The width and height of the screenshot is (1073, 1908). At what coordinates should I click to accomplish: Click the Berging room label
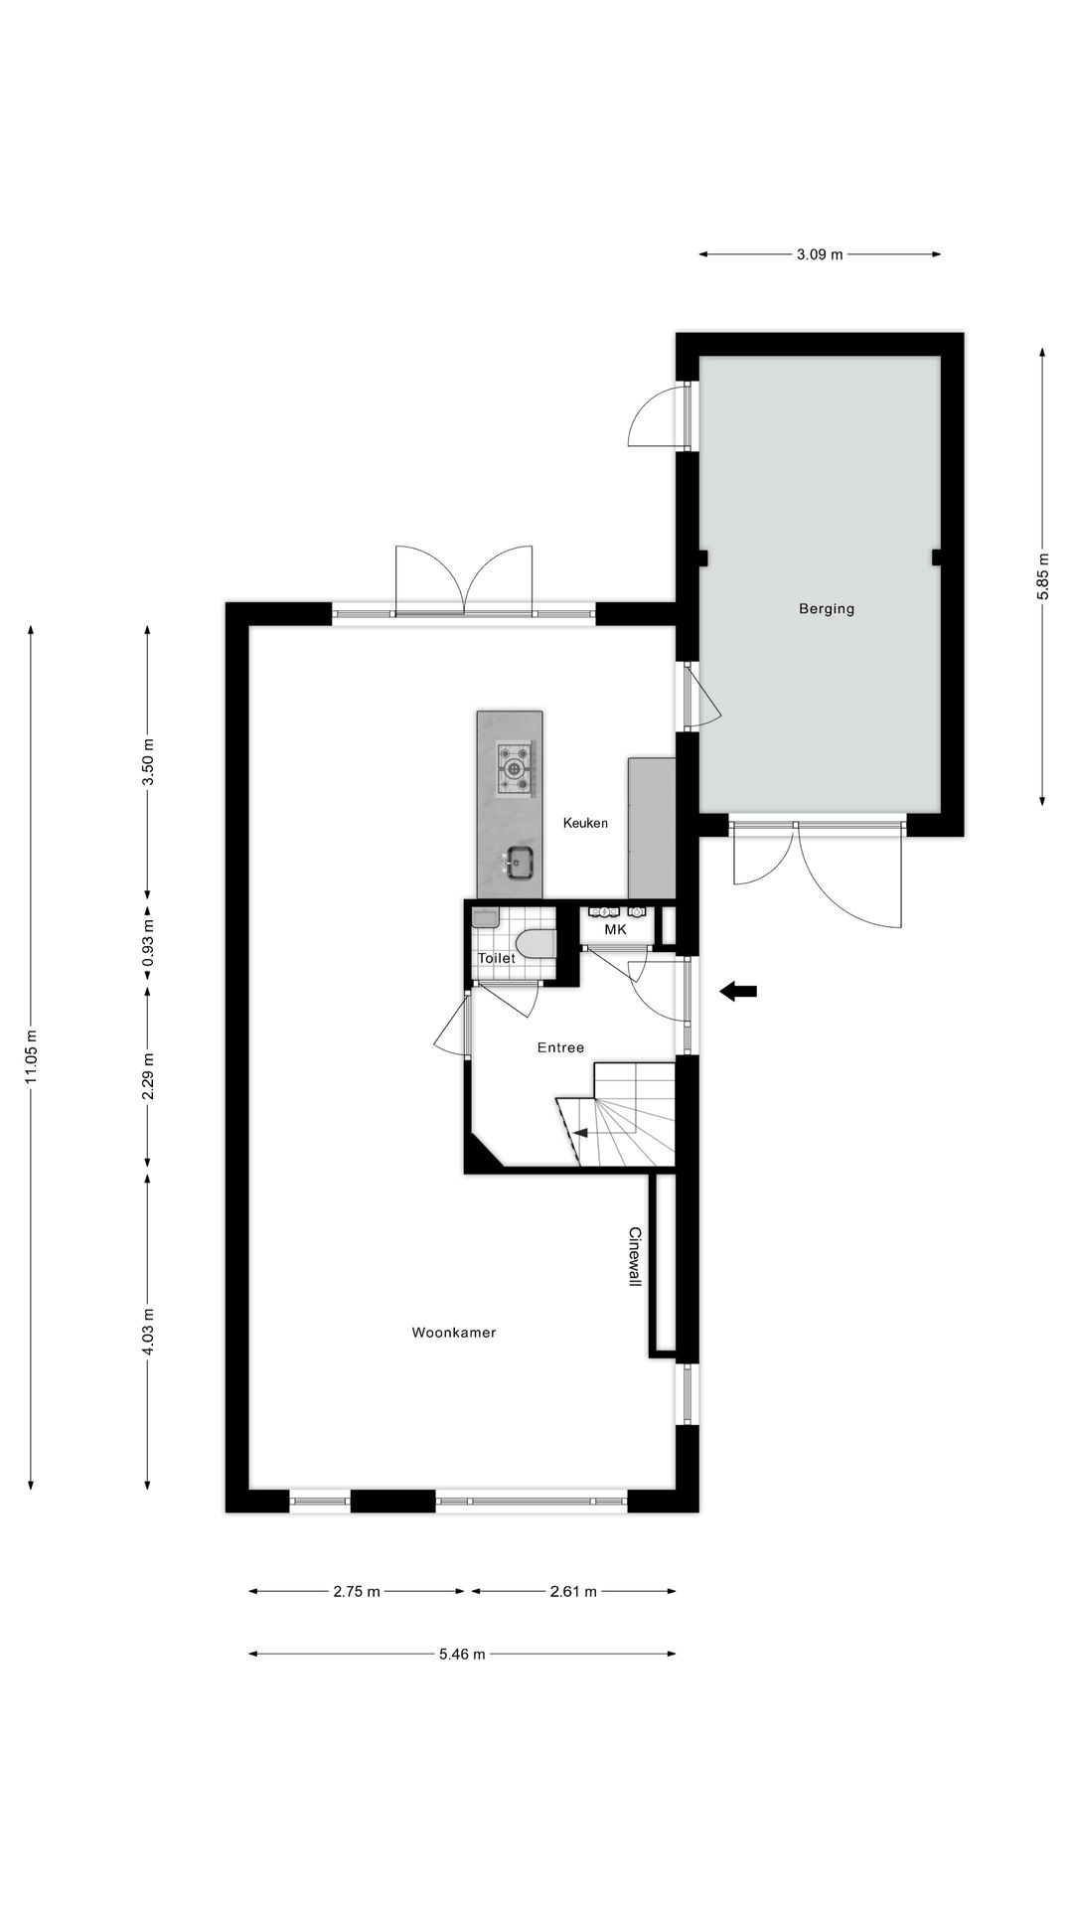click(827, 609)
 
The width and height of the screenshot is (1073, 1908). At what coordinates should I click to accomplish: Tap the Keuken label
click(585, 823)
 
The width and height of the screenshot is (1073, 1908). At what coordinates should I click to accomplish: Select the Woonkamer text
click(454, 1333)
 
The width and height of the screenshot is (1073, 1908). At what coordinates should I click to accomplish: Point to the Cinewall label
click(635, 1256)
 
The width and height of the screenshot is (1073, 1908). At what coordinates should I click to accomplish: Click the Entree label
click(560, 1047)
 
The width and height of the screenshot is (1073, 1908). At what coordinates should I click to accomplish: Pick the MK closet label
click(616, 930)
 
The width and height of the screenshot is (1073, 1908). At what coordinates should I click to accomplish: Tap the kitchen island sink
click(519, 862)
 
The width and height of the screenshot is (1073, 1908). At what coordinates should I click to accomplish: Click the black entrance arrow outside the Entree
click(738, 991)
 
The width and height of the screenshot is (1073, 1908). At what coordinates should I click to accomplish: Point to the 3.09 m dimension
click(819, 254)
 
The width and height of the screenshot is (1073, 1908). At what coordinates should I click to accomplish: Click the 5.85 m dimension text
click(1042, 576)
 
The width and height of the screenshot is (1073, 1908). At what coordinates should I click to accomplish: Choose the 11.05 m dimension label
click(31, 1057)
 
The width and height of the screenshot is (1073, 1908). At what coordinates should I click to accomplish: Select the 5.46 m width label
click(462, 1655)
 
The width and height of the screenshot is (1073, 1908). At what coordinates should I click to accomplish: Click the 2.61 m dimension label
click(573, 1592)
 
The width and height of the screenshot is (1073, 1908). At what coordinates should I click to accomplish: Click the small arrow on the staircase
click(581, 1133)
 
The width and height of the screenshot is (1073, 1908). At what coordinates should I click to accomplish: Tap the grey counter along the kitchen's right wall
click(651, 828)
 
